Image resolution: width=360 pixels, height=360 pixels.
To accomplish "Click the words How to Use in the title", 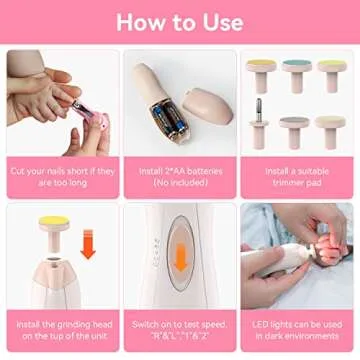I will click(180, 21).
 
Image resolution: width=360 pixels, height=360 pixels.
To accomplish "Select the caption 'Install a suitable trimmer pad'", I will click(297, 176).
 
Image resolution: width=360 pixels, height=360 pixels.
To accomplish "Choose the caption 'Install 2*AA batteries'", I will click(180, 176).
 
